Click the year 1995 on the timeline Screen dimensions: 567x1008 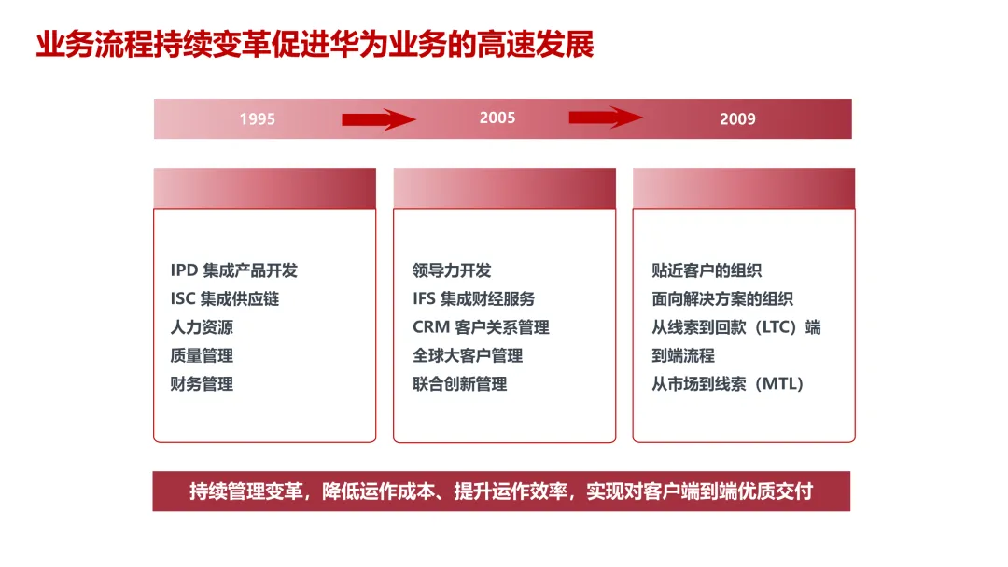click(x=257, y=119)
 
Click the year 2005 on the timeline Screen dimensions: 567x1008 click(x=497, y=118)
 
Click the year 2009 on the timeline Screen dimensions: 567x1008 click(x=737, y=119)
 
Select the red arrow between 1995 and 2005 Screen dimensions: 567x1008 click(x=378, y=119)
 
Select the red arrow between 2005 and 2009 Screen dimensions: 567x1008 click(x=606, y=118)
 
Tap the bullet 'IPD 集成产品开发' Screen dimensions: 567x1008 click(x=233, y=270)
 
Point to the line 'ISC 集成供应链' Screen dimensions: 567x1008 click(x=224, y=299)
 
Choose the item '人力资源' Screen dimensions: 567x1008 click(x=202, y=327)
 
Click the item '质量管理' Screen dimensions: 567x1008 click(x=202, y=355)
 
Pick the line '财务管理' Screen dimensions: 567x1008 click(x=202, y=383)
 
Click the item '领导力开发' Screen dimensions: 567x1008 click(x=452, y=270)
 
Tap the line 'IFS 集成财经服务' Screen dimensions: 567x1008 click(x=474, y=299)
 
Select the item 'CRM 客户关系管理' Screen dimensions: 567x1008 click(x=481, y=327)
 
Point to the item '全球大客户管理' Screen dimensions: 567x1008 click(x=468, y=355)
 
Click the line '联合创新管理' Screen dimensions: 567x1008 click(x=459, y=383)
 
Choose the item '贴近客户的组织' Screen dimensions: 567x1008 click(x=707, y=270)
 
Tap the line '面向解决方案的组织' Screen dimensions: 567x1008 click(x=722, y=299)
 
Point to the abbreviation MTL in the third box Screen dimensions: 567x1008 click(x=780, y=383)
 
